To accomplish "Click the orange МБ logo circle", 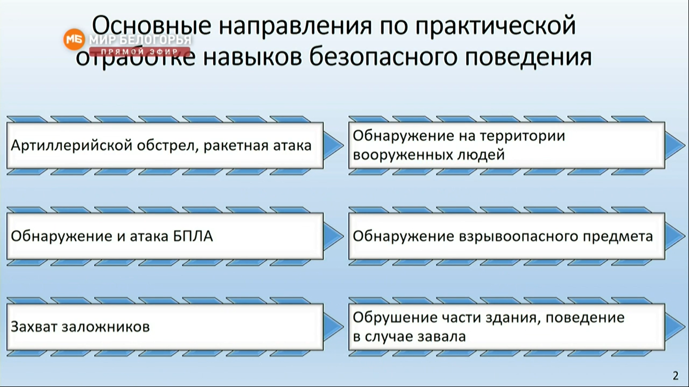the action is coord(74,39).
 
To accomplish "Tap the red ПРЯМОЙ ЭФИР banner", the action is coord(140,51).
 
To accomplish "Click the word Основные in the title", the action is coord(152,26).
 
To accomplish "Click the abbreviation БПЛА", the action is coord(193,236).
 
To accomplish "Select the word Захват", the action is coord(34,327).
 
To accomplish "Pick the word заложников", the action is coord(105,327).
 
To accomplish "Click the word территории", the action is coord(522,137).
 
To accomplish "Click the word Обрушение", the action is coord(395,318).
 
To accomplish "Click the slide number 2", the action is coord(675,375).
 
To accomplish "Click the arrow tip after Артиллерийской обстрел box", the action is coord(343,146).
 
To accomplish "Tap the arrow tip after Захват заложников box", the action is coord(343,327).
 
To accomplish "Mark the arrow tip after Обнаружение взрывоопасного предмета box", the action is coord(685,236).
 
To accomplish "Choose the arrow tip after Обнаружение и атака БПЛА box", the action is coord(343,236).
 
